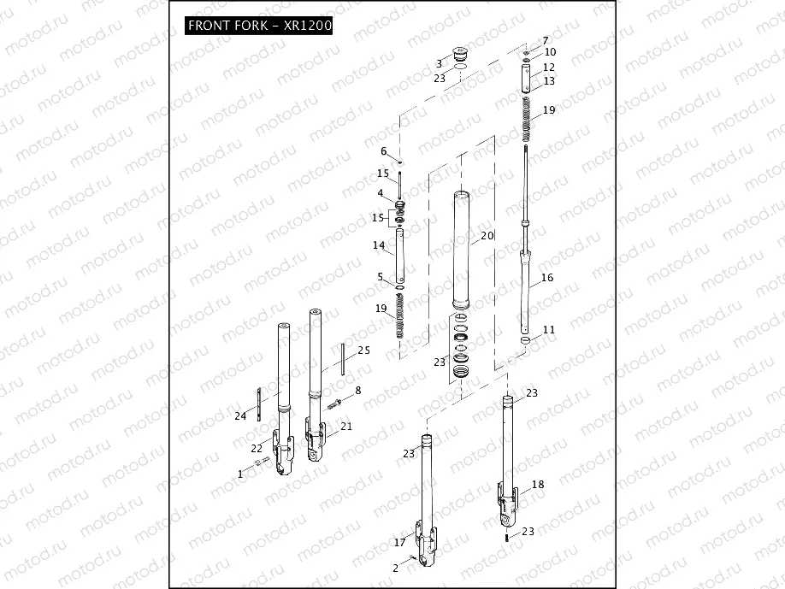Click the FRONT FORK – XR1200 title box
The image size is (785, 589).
coord(259,26)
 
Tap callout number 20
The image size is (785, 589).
coord(487,235)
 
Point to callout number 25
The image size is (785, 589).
coord(363,350)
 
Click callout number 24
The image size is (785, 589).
coord(239,416)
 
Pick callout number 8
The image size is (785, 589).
coord(357,391)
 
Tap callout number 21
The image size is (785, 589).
coord(345,426)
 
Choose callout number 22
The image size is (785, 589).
coord(257,448)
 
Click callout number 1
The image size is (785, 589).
coord(241,473)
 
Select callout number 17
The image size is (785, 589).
coord(399,542)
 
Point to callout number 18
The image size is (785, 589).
coord(537,484)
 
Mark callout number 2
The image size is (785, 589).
coord(395,568)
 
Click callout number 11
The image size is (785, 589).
coord(548,329)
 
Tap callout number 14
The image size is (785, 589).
coord(380,246)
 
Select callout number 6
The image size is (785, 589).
coord(384,151)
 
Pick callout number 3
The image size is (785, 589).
coord(439,63)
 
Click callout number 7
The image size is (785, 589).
coord(545,40)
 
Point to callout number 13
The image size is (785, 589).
coord(548,80)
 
